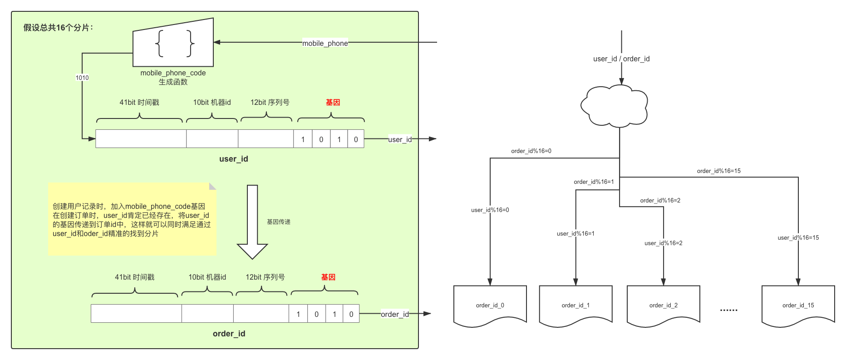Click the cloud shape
(x=614, y=106)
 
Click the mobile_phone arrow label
(x=325, y=43)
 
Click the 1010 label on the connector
(x=82, y=78)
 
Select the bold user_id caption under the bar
(x=234, y=159)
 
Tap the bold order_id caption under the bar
(x=229, y=334)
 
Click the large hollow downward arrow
(x=252, y=222)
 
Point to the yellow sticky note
(x=132, y=219)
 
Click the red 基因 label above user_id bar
(x=333, y=103)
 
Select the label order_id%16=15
(x=719, y=171)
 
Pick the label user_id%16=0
(x=490, y=210)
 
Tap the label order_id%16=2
(x=660, y=201)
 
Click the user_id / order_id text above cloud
(x=621, y=59)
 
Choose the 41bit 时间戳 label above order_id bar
(x=135, y=277)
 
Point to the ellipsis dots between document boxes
(x=728, y=310)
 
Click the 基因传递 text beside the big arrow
(x=279, y=222)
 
